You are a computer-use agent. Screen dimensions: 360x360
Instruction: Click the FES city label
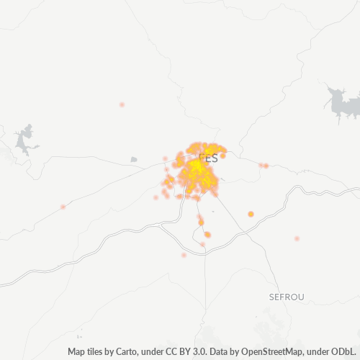click(208, 158)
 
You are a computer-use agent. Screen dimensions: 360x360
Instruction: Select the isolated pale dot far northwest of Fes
click(122, 105)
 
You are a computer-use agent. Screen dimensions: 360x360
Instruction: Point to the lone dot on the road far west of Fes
click(63, 207)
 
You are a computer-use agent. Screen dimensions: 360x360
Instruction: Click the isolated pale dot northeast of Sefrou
click(297, 238)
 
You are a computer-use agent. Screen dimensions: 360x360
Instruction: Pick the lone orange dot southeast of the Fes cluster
click(251, 214)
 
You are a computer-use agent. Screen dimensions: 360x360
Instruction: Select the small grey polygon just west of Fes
click(133, 159)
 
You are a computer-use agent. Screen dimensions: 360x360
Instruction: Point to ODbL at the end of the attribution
click(346, 352)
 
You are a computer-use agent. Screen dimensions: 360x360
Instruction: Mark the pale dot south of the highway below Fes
click(184, 255)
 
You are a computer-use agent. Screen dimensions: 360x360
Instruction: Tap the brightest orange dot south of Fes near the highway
click(207, 235)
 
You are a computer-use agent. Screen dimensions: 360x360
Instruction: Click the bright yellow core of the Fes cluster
click(196, 170)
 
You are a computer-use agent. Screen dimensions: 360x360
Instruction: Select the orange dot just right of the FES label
click(223, 156)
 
